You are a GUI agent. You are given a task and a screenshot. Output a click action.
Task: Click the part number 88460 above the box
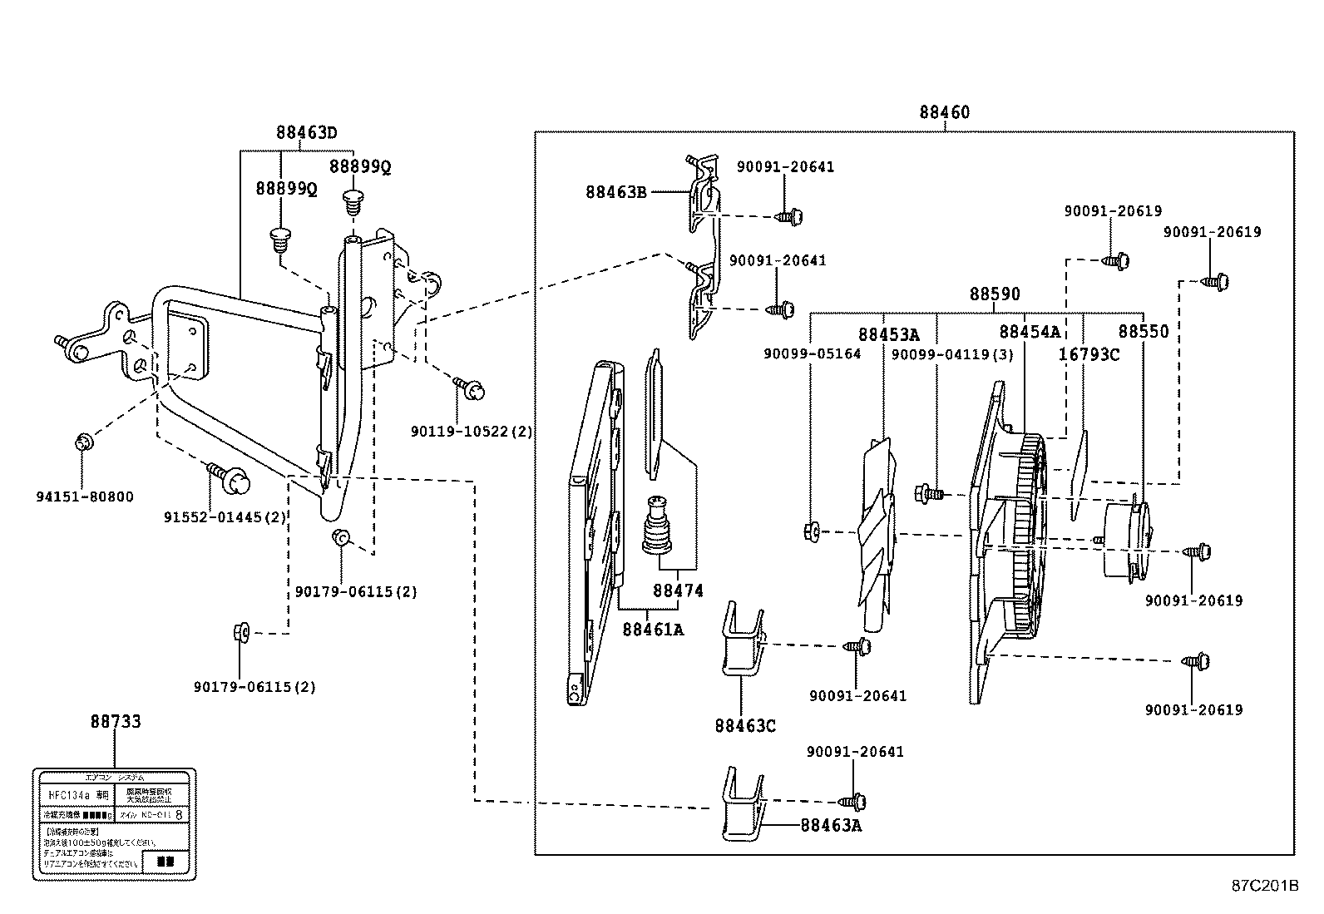click(944, 112)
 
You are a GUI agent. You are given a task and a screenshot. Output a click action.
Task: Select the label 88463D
click(306, 132)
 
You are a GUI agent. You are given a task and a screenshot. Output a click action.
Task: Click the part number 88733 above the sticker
click(116, 722)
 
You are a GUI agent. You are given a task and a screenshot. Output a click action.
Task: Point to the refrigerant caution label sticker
click(114, 824)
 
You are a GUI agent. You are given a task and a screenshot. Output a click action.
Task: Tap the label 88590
click(994, 294)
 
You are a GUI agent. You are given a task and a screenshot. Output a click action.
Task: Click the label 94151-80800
click(84, 497)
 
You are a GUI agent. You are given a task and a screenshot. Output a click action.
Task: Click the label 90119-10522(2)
click(472, 432)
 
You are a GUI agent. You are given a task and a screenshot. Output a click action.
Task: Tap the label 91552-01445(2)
click(225, 516)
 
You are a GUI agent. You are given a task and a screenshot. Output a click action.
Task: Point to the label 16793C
click(1088, 354)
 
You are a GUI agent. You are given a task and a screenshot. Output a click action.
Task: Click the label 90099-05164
click(812, 353)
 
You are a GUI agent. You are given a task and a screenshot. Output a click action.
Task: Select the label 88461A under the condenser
click(652, 630)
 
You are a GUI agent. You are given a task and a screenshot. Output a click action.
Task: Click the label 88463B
click(615, 191)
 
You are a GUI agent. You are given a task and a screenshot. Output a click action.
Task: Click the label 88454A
click(1029, 332)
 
